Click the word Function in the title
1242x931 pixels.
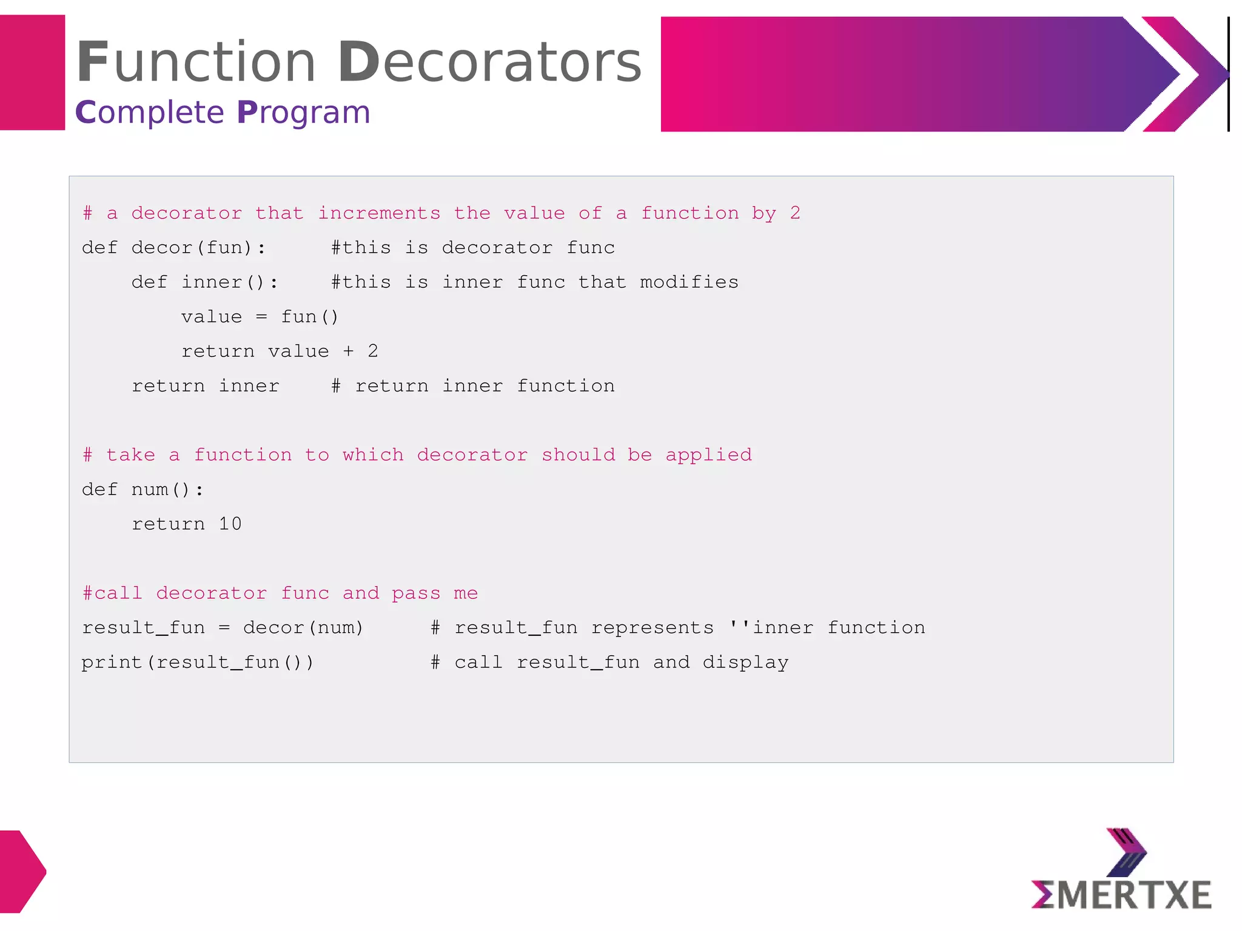click(195, 62)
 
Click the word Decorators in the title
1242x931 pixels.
click(489, 62)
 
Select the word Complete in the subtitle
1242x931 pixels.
click(149, 113)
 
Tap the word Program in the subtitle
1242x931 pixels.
click(303, 113)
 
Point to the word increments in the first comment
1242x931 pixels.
click(379, 213)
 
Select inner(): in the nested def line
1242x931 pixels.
click(230, 282)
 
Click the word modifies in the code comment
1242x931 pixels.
click(689, 282)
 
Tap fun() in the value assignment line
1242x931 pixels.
click(309, 317)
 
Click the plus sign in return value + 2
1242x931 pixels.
click(348, 352)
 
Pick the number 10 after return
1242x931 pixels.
click(230, 524)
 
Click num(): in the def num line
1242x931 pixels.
click(167, 489)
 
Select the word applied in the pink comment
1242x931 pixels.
click(708, 455)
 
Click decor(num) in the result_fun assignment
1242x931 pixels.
click(303, 628)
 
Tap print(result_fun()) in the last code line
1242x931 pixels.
click(198, 662)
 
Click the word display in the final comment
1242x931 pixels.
click(745, 662)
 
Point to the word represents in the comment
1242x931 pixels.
click(652, 628)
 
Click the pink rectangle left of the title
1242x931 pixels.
click(32, 73)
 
